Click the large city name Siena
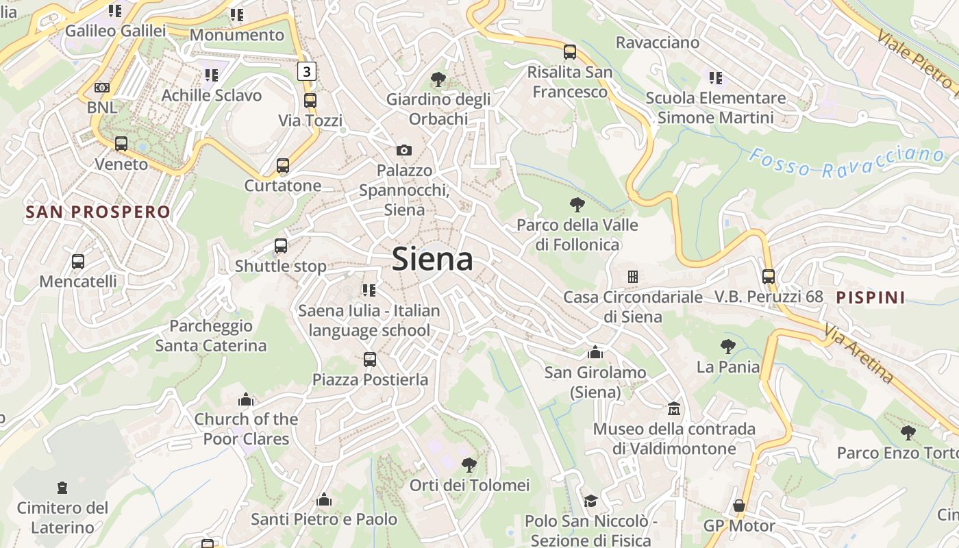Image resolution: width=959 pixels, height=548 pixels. pyautogui.click(x=432, y=260)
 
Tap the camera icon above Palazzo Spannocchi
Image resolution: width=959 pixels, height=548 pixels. pyautogui.click(x=404, y=150)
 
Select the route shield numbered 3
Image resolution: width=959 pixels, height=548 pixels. pyautogui.click(x=307, y=71)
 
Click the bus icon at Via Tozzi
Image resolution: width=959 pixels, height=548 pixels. pyautogui.click(x=310, y=101)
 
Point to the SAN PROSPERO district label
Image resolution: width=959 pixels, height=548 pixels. pyautogui.click(x=98, y=212)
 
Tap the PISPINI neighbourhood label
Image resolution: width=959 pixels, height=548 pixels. pyautogui.click(x=871, y=297)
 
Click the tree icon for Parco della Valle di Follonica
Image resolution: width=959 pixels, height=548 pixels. pyautogui.click(x=577, y=204)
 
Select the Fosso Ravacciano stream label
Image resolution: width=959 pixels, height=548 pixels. pyautogui.click(x=847, y=162)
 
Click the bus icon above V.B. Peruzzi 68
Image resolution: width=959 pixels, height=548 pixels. pyautogui.click(x=769, y=277)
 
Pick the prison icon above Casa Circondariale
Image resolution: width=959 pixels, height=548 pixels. pyautogui.click(x=633, y=277)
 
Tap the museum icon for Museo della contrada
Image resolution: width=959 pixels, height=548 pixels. pyautogui.click(x=674, y=409)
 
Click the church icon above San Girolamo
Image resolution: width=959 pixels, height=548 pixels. pyautogui.click(x=595, y=352)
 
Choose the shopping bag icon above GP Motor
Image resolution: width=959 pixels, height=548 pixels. pyautogui.click(x=738, y=506)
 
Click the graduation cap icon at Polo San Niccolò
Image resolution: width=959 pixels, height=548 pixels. pyautogui.click(x=590, y=501)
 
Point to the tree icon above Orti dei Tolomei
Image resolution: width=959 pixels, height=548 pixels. pyautogui.click(x=469, y=465)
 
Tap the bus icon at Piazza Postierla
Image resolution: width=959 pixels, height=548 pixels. pyautogui.click(x=370, y=359)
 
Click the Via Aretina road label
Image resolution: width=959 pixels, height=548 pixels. pyautogui.click(x=859, y=354)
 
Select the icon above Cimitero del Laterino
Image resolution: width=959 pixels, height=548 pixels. pyautogui.click(x=62, y=488)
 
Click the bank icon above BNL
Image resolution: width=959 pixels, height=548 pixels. pyautogui.click(x=102, y=88)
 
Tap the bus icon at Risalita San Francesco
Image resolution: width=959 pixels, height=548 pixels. pyautogui.click(x=570, y=51)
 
